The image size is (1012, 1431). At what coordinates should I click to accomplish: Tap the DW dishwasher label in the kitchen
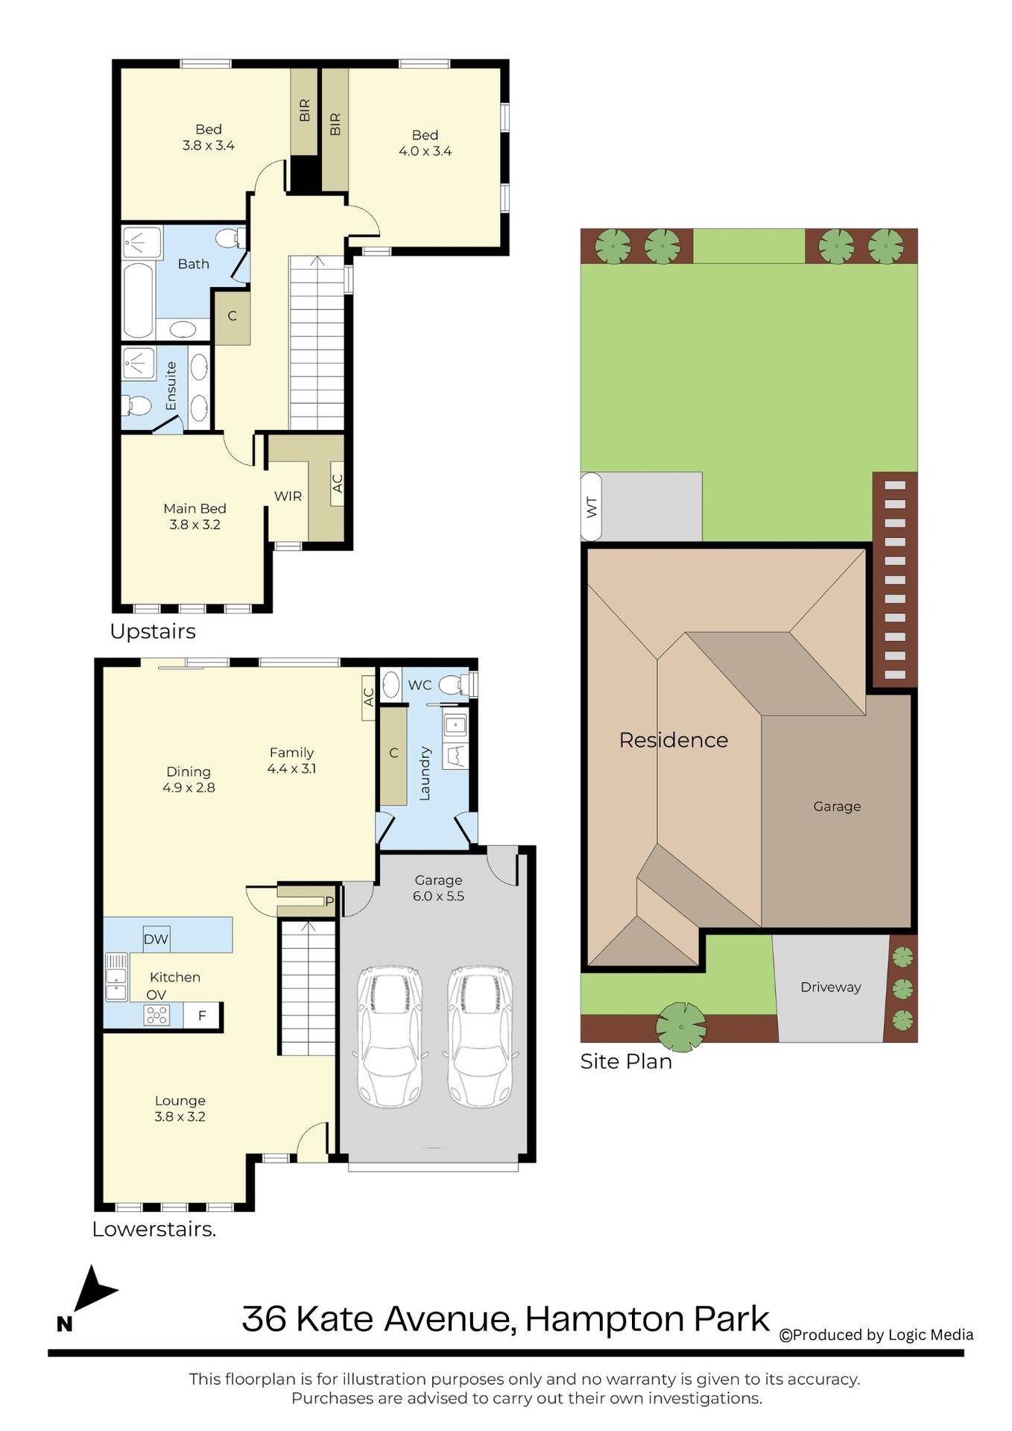coord(156,939)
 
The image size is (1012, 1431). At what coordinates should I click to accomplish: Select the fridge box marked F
coord(201,1015)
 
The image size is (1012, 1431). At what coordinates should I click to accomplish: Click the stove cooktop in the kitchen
coord(156,1015)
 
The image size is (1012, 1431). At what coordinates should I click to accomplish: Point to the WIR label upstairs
coord(288,496)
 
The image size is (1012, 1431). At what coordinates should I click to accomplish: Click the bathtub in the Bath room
coord(139,300)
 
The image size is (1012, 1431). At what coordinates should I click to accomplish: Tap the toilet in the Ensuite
coord(136,405)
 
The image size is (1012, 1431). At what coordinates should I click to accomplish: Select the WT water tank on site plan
coord(591,507)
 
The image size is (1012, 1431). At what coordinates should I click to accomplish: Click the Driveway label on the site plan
coord(830,987)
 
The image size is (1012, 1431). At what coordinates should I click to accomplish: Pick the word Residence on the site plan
coord(674,740)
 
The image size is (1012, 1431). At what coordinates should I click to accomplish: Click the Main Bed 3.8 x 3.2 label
coord(195,517)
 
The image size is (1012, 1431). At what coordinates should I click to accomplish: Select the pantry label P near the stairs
coord(329,902)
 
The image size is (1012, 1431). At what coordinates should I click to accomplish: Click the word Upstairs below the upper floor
coord(153,631)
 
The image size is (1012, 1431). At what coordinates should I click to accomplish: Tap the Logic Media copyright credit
coord(876,1335)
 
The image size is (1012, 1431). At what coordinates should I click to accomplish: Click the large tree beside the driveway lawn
coord(680,1026)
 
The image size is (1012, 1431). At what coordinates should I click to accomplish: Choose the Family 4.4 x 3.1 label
coord(291,760)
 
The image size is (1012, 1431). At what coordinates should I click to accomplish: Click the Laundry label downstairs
coord(425,774)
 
